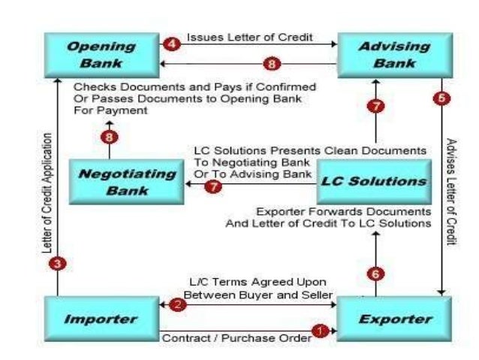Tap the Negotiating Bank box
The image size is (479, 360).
tap(127, 181)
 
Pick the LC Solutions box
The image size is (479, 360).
tap(373, 181)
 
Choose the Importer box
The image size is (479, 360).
tap(101, 319)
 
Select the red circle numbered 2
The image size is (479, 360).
tap(177, 304)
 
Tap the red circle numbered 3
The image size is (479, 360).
tap(57, 265)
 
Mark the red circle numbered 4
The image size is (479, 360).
tap(171, 44)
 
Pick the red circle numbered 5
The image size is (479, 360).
tap(441, 98)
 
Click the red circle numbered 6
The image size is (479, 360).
tap(376, 274)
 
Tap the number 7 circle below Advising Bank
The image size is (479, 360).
tap(375, 106)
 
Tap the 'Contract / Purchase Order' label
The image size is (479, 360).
tap(236, 338)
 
